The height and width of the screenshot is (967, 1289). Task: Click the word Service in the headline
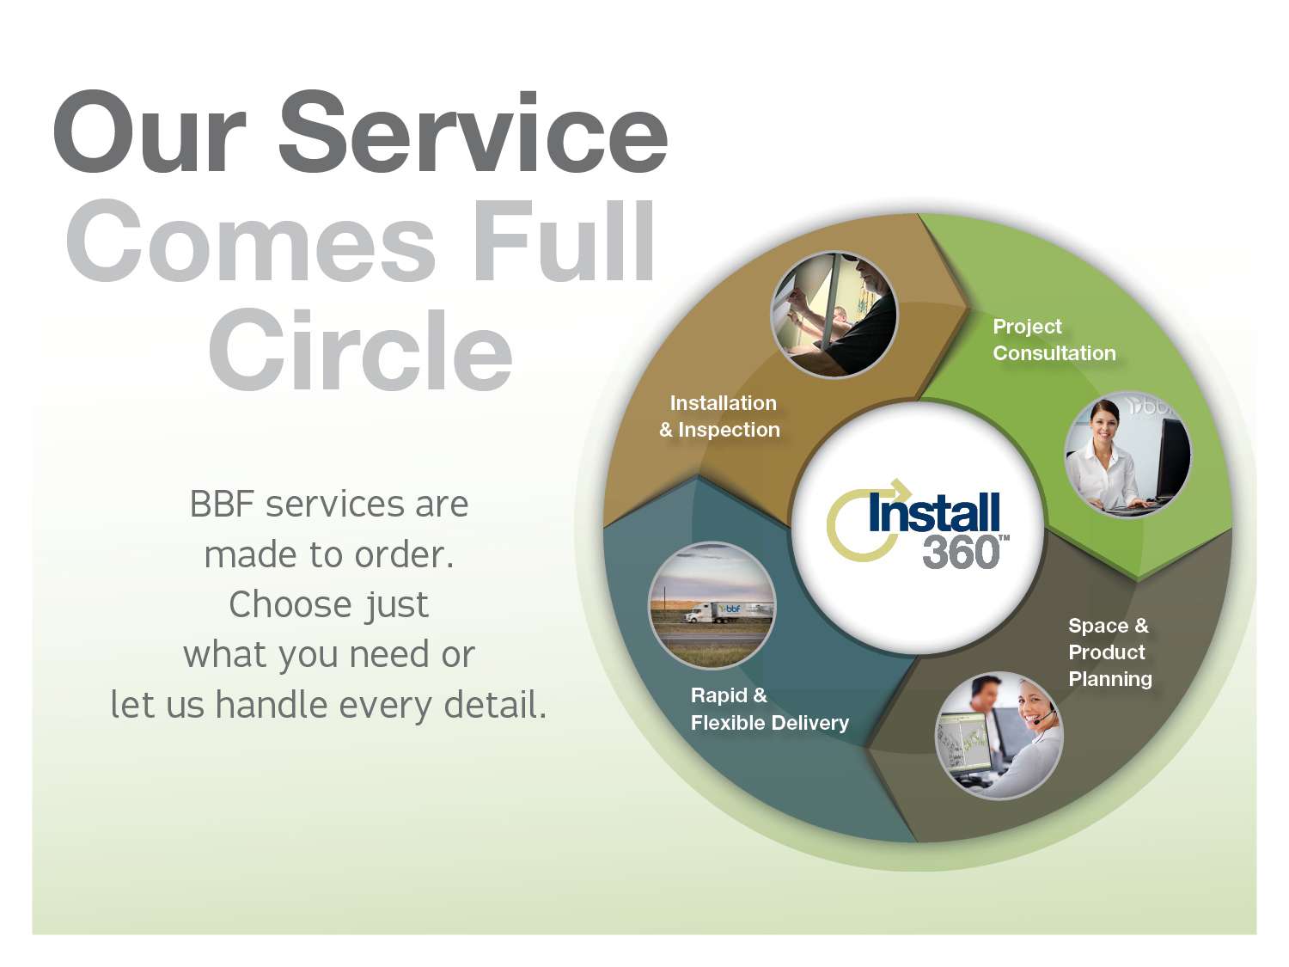[473, 132]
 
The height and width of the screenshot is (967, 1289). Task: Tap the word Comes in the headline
[251, 241]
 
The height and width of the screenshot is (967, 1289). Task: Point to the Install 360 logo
[918, 524]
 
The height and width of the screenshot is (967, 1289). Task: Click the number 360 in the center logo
[961, 553]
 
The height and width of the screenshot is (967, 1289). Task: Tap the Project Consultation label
[1054, 340]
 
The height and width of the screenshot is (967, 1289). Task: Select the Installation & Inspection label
[720, 416]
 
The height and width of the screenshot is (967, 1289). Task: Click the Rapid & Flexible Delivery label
[770, 709]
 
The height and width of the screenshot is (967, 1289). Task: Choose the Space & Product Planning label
[1110, 652]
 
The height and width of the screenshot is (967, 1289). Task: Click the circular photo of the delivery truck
[712, 605]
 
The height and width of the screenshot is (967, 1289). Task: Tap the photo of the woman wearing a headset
[999, 736]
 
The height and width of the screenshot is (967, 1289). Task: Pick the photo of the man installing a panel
[834, 314]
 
